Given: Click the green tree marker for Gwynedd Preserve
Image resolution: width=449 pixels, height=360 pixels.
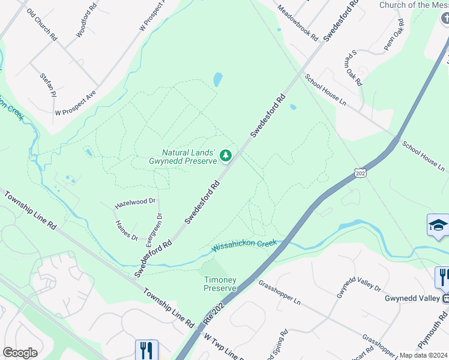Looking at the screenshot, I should pos(226,156).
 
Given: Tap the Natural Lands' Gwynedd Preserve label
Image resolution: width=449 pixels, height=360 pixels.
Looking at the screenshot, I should pos(182,157).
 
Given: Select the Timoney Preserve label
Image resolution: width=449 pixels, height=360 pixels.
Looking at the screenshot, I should pos(220,284).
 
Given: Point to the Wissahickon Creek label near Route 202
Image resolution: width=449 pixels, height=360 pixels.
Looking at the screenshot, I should pos(244,245).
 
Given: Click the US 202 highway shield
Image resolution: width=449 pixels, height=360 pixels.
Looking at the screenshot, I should pos(360,173).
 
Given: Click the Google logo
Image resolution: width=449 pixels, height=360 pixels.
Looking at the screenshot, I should pos(20,353).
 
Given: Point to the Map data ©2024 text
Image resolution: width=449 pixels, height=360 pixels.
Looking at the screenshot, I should pos(424,355).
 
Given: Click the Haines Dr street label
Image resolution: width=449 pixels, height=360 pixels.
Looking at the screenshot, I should pos(126,230).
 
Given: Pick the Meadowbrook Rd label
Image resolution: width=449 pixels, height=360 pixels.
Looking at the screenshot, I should pos(298,23).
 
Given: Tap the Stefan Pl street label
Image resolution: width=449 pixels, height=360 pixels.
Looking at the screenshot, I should pos(47,85).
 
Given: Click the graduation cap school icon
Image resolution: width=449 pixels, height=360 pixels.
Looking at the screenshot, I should pos(438,225).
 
